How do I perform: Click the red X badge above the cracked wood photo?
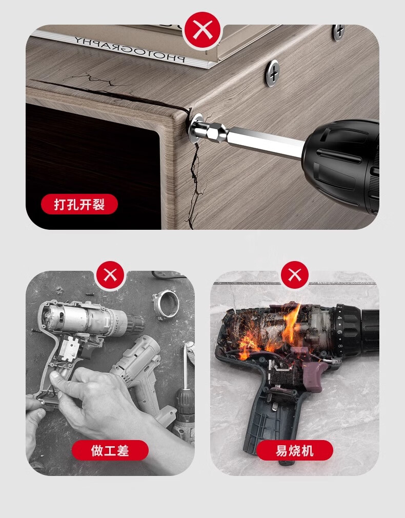(202, 30)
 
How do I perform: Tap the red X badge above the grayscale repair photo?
(111, 275)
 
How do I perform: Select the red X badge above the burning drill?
(295, 275)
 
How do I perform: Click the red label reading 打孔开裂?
(79, 204)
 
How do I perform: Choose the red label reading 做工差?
(110, 450)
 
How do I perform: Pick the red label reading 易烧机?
(294, 450)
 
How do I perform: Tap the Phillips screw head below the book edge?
(273, 73)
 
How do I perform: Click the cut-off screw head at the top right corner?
(338, 32)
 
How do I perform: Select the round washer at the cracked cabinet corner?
(195, 129)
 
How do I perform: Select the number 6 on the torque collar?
(339, 332)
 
